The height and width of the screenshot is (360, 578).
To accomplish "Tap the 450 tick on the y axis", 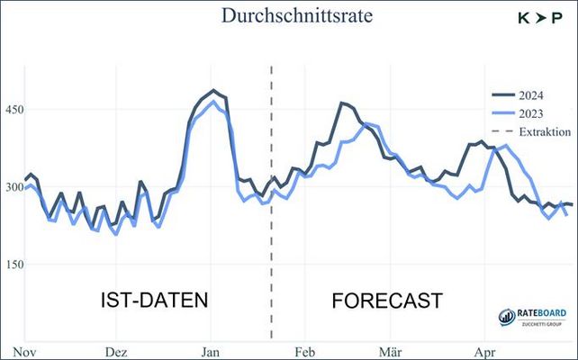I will [20, 110].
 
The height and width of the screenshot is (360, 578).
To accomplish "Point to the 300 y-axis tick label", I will [20, 187].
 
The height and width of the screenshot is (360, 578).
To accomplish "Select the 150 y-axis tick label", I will [20, 265].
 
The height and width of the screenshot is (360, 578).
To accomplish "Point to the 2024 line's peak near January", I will [213, 90].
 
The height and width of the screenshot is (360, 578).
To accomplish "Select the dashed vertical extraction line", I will [271, 225].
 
